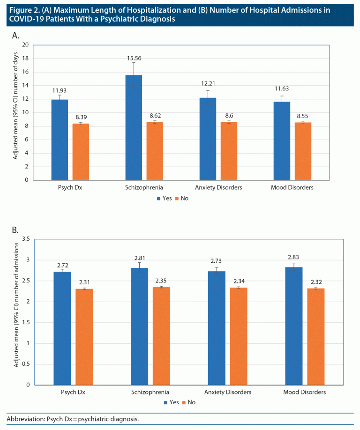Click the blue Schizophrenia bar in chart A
coord(134,127)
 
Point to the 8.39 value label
coord(81,117)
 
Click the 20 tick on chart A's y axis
coord(25,45)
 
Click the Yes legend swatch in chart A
coord(159,198)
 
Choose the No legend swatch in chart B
coord(184,402)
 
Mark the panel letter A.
coord(15,35)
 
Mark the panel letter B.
coord(15,230)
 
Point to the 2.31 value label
coord(84,282)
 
